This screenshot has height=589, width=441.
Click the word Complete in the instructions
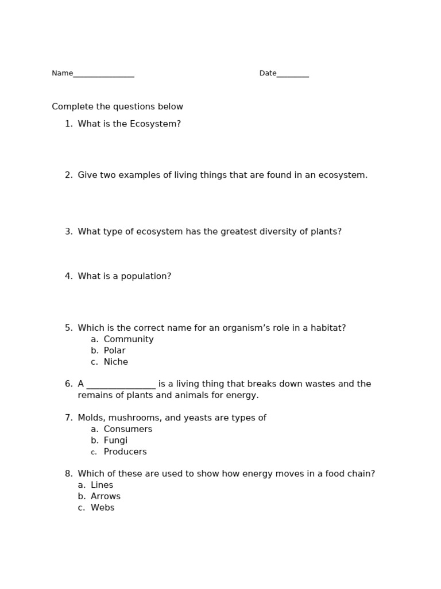pyautogui.click(x=71, y=107)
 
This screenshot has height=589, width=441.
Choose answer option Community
pyautogui.click(x=129, y=339)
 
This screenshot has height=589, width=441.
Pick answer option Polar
pyautogui.click(x=115, y=351)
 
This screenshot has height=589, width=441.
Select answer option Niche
pyautogui.click(x=116, y=362)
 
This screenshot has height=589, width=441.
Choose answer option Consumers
pyautogui.click(x=128, y=430)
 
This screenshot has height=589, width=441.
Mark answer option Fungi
pyautogui.click(x=115, y=441)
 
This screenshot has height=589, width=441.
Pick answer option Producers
pyautogui.click(x=125, y=452)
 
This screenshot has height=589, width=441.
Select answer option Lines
pyautogui.click(x=102, y=485)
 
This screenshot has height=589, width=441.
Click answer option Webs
pyautogui.click(x=103, y=508)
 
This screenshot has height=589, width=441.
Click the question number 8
pyautogui.click(x=68, y=474)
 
